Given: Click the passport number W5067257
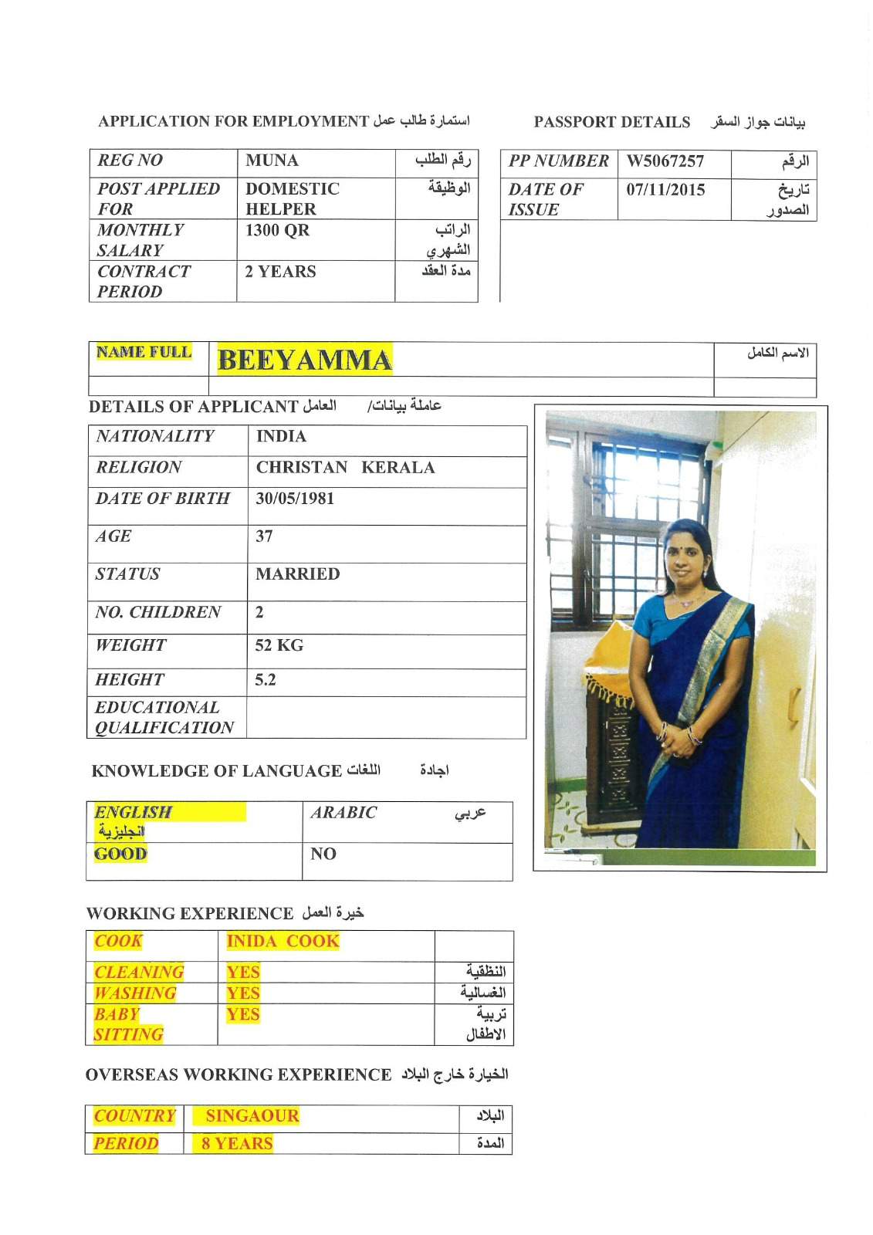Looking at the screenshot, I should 665,161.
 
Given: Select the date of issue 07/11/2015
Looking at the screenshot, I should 665,190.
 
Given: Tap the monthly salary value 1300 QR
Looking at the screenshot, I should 277,230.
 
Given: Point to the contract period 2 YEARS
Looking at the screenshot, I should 280,272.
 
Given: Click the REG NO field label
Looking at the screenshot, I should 130,161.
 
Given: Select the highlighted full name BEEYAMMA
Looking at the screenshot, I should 304,360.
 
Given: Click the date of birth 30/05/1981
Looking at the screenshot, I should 295,499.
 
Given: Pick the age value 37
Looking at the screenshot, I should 264,536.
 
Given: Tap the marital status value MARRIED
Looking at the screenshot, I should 297,574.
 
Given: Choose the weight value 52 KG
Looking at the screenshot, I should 279,645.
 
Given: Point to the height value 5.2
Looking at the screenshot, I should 265,680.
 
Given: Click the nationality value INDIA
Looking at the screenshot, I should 281,437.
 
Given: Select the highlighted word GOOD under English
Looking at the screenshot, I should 120,854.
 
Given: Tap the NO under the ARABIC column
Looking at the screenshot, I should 323,854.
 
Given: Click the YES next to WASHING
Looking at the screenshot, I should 242,993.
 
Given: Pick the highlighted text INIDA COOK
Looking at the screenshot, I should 283,942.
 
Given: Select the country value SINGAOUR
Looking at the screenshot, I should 252,1116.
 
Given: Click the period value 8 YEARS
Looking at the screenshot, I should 237,1144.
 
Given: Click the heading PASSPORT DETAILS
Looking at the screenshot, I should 611,122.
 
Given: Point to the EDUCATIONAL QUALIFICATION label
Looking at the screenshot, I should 164,718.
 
